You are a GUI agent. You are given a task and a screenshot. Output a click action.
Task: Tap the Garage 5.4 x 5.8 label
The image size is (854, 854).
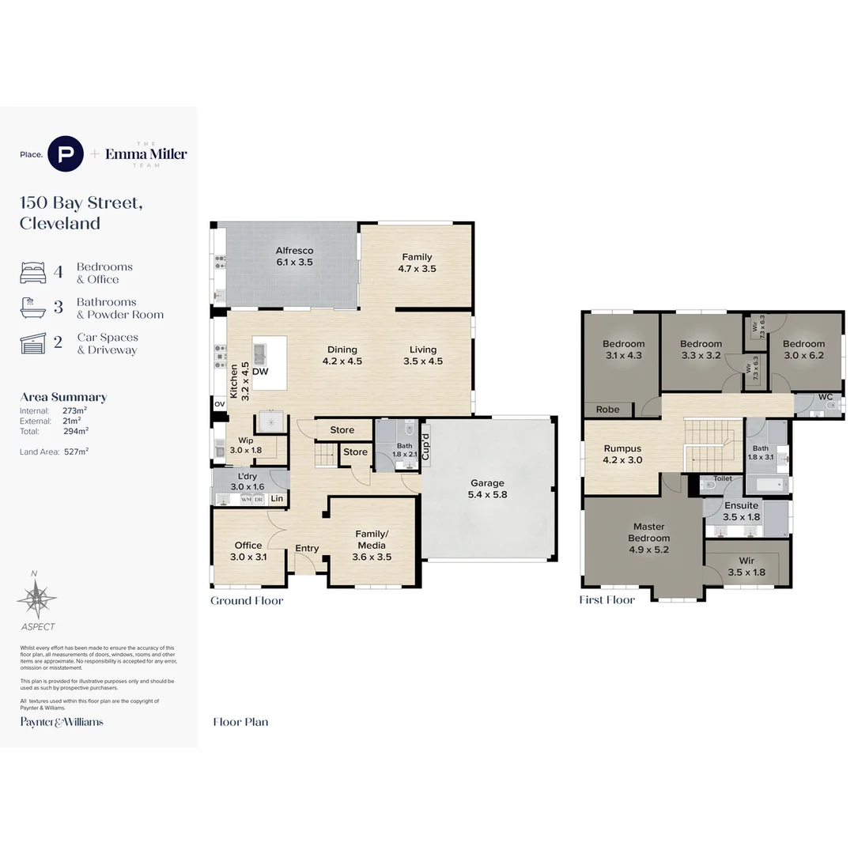tap(487, 489)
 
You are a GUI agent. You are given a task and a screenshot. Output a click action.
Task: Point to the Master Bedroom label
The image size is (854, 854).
tap(648, 538)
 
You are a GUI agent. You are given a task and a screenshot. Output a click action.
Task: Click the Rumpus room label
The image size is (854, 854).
tap(622, 454)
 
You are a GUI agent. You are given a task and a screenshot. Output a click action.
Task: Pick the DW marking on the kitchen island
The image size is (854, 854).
tap(260, 371)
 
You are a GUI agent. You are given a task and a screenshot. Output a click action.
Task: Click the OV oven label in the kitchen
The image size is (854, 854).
tap(219, 404)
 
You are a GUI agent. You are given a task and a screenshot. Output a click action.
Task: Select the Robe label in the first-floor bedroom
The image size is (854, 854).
tap(607, 410)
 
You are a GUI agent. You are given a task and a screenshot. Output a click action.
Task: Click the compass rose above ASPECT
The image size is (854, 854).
tap(36, 599)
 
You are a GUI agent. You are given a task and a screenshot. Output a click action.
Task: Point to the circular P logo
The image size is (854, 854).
tap(66, 153)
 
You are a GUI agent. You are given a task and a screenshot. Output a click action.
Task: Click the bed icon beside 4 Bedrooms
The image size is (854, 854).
tap(33, 273)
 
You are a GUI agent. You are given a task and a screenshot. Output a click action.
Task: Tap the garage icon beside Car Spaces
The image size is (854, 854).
tap(33, 343)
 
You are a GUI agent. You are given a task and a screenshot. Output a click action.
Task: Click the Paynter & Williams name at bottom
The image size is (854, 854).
tap(62, 721)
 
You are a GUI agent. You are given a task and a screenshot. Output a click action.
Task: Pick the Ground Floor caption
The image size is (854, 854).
tap(247, 600)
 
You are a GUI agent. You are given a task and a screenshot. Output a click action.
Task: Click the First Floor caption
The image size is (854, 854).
tap(607, 600)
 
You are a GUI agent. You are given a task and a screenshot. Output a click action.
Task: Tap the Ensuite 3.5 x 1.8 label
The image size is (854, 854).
tap(741, 511)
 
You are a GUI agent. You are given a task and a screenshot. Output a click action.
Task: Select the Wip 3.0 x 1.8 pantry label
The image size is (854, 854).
tap(245, 445)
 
